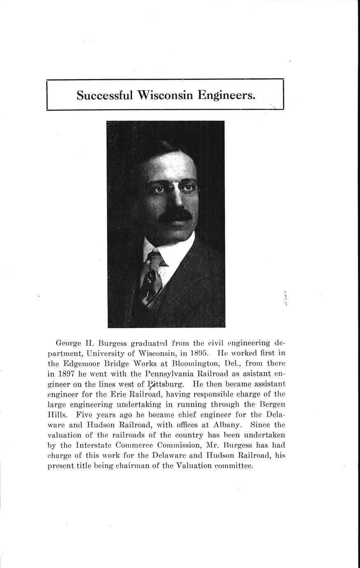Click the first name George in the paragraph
point(69,343)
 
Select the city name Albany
point(225,425)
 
